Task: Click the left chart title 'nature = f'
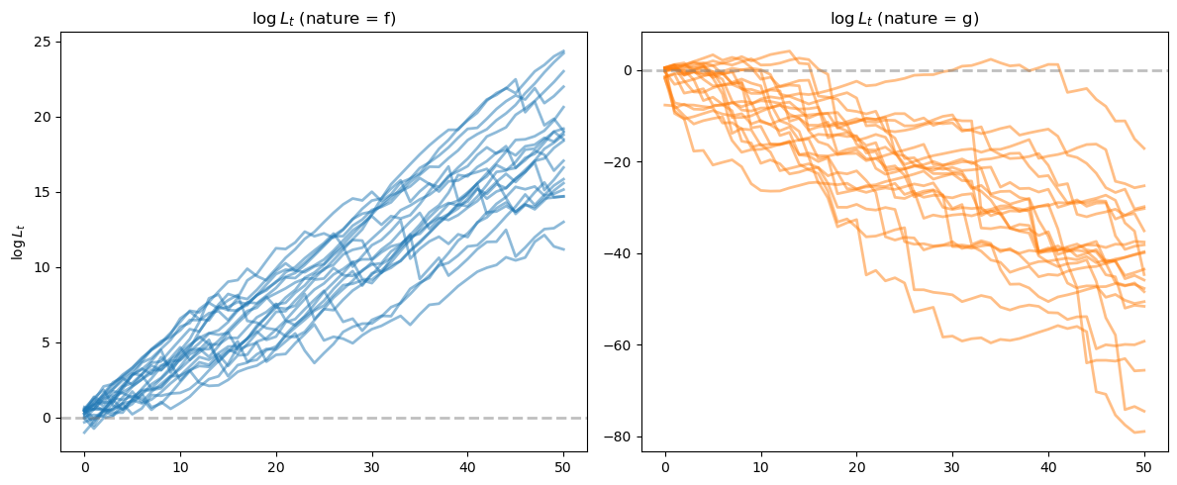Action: [x=323, y=17]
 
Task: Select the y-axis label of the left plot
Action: [x=17, y=242]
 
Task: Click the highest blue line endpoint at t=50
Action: [x=563, y=51]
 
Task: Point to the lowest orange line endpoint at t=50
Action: [x=1144, y=432]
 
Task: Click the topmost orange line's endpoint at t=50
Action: [x=1144, y=148]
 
